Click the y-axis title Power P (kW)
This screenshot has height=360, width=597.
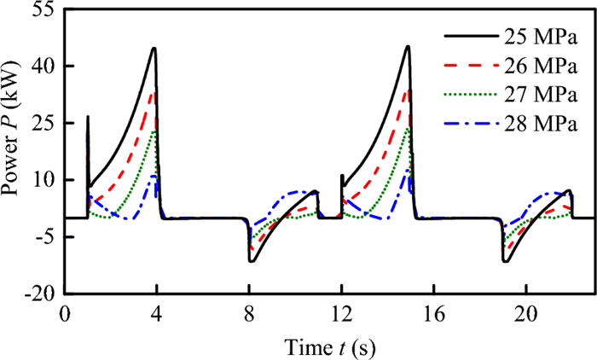tap(14, 152)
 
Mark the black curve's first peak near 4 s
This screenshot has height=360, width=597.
tap(154, 48)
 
